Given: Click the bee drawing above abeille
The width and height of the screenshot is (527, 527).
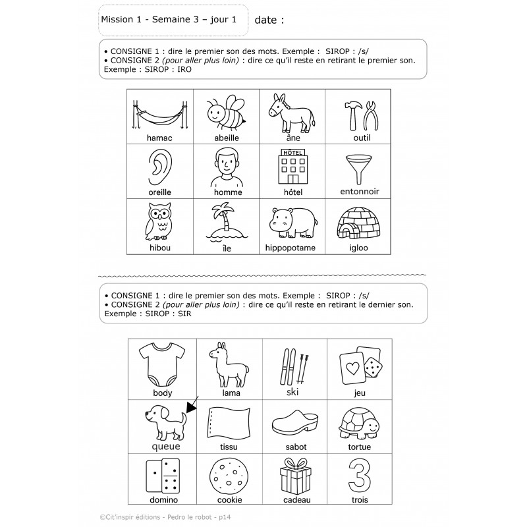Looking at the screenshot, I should tap(225, 114).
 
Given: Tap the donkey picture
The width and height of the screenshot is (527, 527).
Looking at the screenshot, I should tap(292, 112).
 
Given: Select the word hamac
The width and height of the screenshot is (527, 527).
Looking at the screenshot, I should tap(159, 138).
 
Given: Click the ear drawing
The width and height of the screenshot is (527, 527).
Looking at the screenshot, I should tap(159, 167).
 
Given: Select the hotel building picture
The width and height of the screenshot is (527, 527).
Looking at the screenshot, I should tap(292, 166).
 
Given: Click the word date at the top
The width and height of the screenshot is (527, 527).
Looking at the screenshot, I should tap(266, 20).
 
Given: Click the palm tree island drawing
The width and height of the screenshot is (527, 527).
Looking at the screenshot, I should tap(225, 221).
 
